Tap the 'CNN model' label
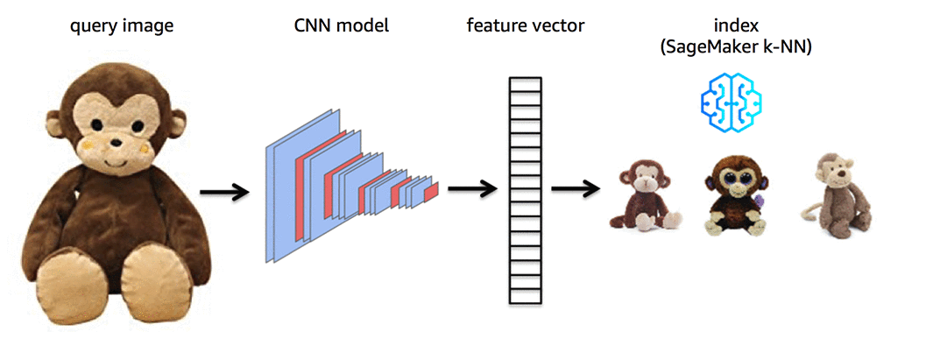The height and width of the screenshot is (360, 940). point(342,26)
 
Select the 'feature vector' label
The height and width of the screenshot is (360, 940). point(525,26)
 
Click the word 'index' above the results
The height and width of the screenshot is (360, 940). point(735,26)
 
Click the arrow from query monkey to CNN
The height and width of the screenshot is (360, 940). point(224,191)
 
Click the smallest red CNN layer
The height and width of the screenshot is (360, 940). point(430,190)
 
